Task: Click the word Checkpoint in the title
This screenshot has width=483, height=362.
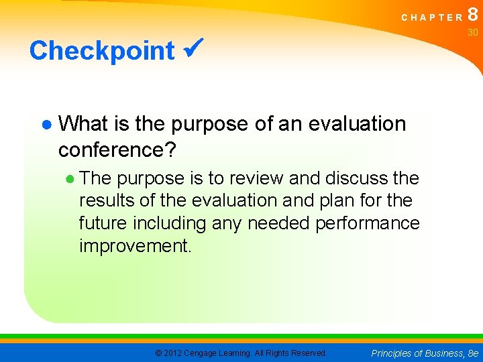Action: point(102,50)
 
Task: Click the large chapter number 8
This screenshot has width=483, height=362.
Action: point(473,15)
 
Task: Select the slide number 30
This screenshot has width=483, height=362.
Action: point(473,32)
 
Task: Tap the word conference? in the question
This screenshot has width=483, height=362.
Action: point(117,149)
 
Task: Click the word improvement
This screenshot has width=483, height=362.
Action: point(135,245)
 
